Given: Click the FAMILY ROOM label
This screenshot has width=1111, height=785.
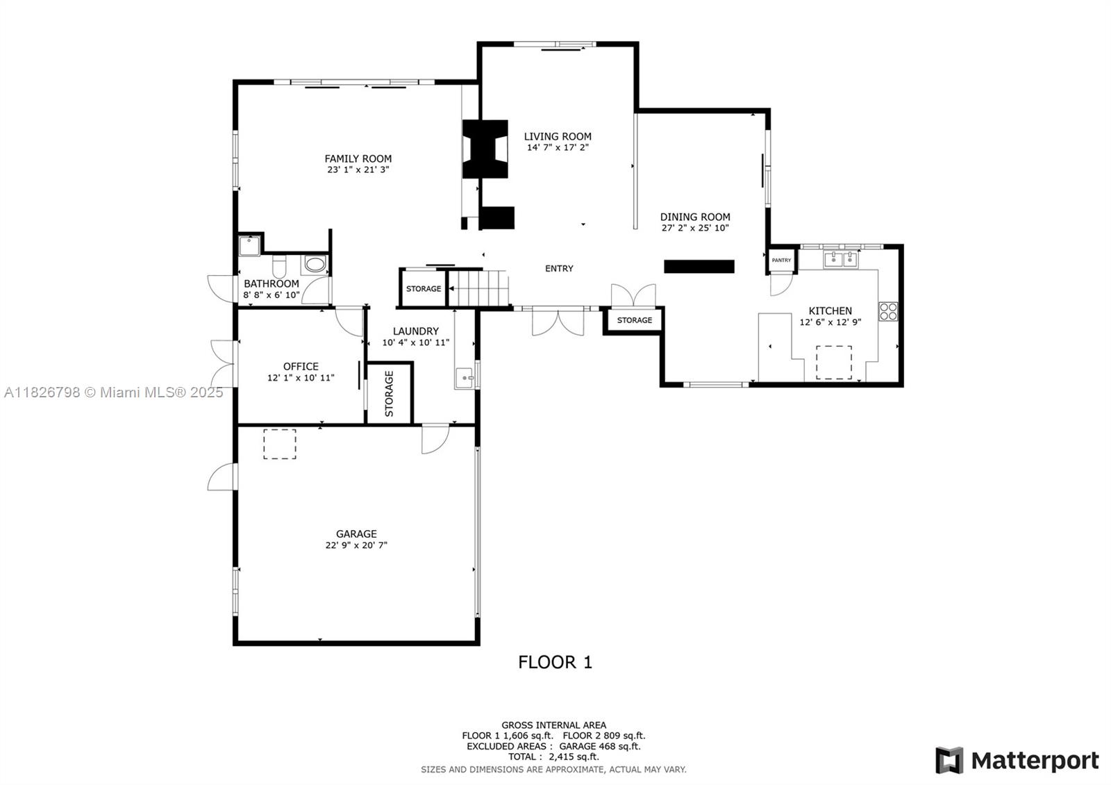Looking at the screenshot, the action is pyautogui.click(x=358, y=159).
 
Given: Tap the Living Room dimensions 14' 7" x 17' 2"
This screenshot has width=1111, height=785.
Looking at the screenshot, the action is pyautogui.click(x=558, y=147).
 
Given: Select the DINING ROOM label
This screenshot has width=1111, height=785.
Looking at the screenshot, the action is pyautogui.click(x=695, y=217).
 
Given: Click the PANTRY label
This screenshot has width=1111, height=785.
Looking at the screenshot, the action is pyautogui.click(x=781, y=260).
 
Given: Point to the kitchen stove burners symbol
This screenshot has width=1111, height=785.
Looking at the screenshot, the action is pyautogui.click(x=888, y=312).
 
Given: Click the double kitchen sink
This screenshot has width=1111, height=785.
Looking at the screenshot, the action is pyautogui.click(x=841, y=259).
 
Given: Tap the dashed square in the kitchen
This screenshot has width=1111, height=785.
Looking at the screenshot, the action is pyautogui.click(x=834, y=363).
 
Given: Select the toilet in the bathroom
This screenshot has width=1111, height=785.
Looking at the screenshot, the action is pyautogui.click(x=279, y=267).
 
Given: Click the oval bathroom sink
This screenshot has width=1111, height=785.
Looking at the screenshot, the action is pyautogui.click(x=315, y=264).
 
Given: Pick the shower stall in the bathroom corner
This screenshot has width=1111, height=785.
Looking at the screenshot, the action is pyautogui.click(x=249, y=246).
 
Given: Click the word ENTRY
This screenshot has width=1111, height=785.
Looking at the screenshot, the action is pyautogui.click(x=559, y=268).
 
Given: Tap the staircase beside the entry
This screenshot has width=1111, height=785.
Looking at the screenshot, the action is pyautogui.click(x=478, y=288).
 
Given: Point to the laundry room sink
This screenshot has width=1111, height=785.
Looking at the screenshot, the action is pyautogui.click(x=465, y=378).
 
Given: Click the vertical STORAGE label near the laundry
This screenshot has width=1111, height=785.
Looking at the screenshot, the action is pyautogui.click(x=390, y=393).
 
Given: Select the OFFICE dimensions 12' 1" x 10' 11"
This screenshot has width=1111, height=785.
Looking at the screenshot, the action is pyautogui.click(x=301, y=378).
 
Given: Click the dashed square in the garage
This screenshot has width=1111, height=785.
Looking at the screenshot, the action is pyautogui.click(x=280, y=444).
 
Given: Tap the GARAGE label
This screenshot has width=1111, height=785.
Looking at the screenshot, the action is pyautogui.click(x=356, y=534).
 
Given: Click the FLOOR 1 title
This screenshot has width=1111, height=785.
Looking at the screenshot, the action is pyautogui.click(x=555, y=663).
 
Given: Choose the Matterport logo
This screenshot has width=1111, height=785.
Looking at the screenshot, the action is pyautogui.click(x=1017, y=760).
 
